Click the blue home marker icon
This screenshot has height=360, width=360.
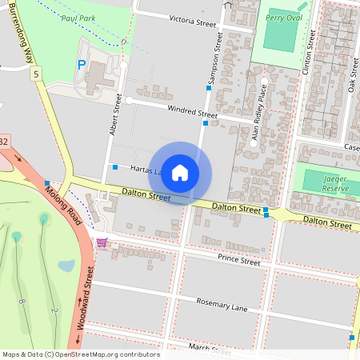[x=180, y=173]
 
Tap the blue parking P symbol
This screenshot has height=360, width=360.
[x=80, y=65]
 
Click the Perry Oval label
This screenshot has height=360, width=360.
[x=282, y=16]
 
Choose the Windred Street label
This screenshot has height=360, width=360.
[x=191, y=112]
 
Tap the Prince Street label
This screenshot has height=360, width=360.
[x=239, y=260]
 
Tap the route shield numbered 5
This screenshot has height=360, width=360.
[x=35, y=74]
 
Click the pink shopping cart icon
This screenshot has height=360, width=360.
[x=102, y=242]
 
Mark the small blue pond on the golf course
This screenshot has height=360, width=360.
[x=66, y=266]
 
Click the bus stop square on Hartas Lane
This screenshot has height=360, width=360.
[x=115, y=167]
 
